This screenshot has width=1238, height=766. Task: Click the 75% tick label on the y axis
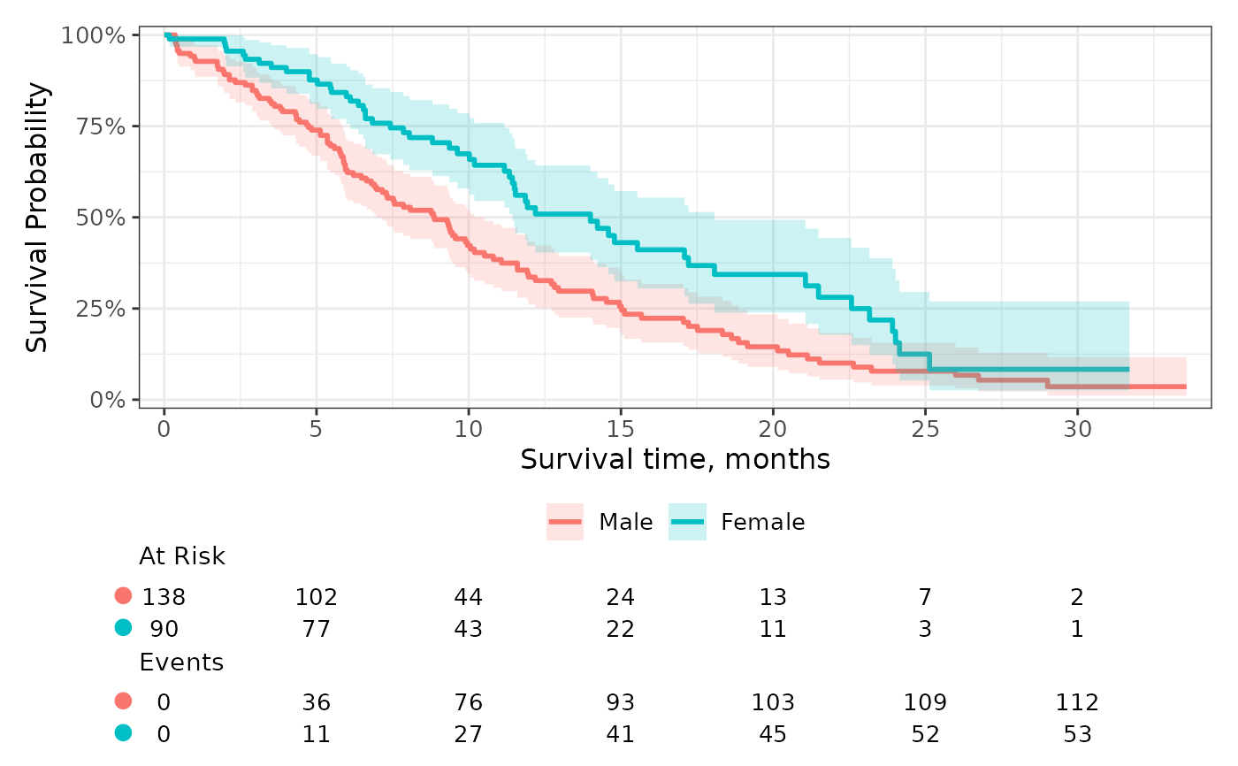coord(101,126)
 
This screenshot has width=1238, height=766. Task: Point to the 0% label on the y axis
coord(108,400)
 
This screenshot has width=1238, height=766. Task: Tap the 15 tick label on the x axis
coord(620,429)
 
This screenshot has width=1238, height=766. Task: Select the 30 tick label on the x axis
coord(1077,429)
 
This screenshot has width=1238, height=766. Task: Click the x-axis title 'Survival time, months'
coord(675,459)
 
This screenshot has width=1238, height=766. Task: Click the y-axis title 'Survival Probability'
coord(37,218)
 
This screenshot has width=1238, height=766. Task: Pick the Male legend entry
coord(600,522)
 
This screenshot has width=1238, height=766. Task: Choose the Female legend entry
coord(737,522)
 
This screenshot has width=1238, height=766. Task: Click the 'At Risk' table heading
coord(182,556)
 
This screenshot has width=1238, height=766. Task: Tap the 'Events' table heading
coord(181,663)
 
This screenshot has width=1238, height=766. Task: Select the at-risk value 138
coord(164,597)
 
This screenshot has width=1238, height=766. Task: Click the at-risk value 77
coord(317,629)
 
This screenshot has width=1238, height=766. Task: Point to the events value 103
coord(773,702)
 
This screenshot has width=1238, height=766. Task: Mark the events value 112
coord(1077,702)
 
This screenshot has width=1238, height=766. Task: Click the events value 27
coord(468,734)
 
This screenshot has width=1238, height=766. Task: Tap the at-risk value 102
coord(317,597)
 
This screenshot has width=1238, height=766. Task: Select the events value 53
coord(1077,734)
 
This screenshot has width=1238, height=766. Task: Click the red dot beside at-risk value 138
coord(123,596)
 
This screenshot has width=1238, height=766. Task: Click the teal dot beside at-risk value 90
coord(123,628)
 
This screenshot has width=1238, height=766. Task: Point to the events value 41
coord(620,734)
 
